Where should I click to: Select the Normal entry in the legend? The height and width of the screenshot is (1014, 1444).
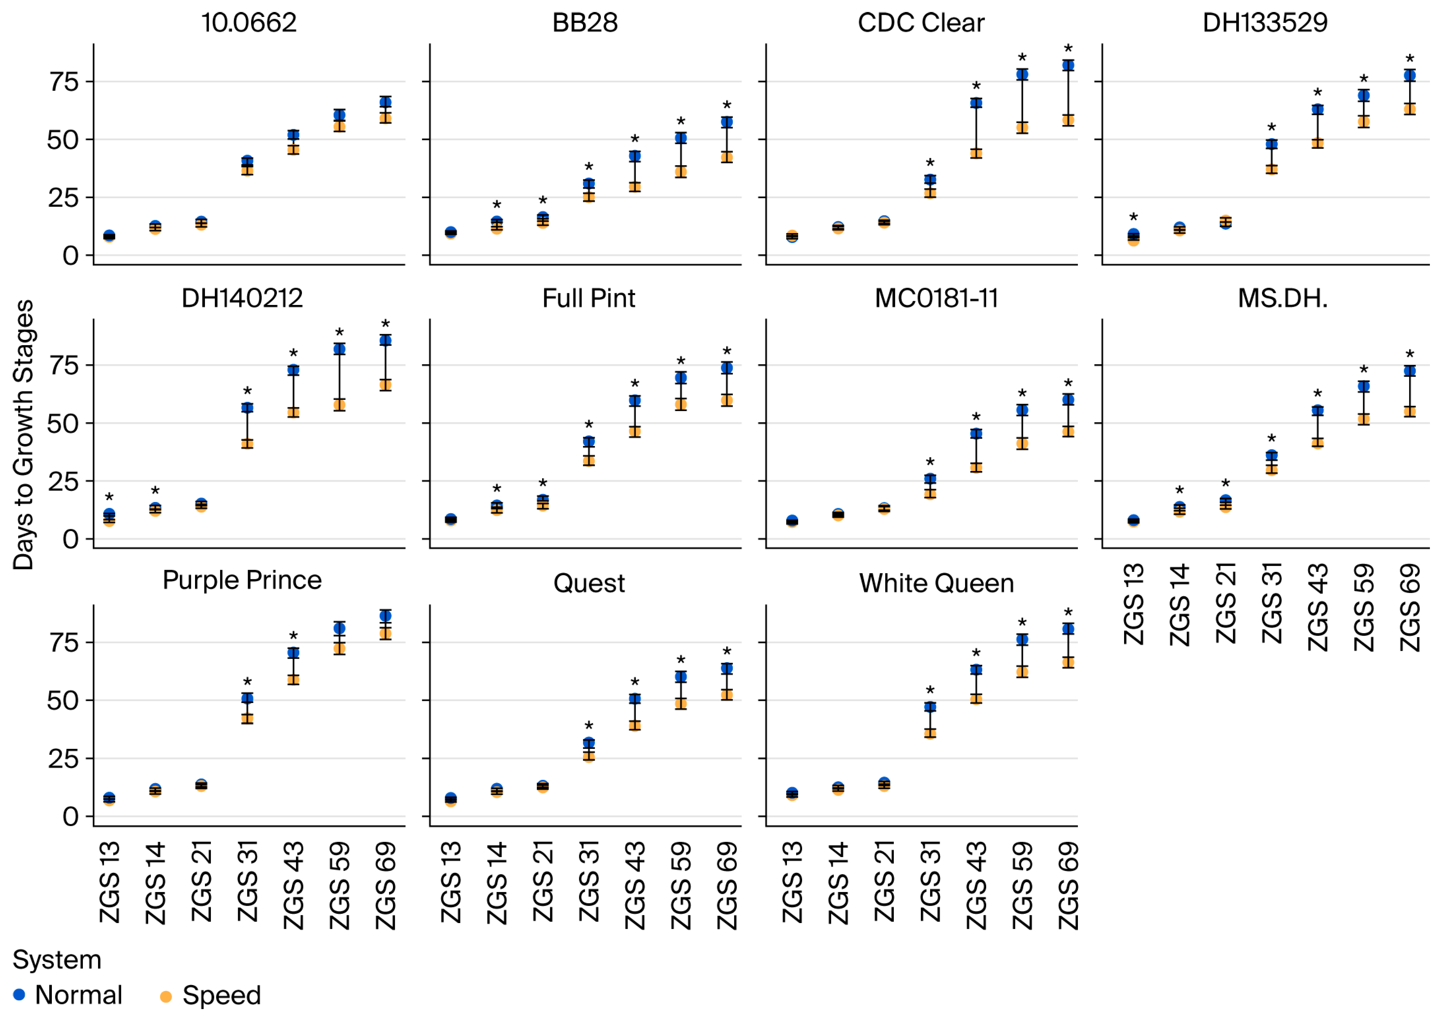click(x=68, y=995)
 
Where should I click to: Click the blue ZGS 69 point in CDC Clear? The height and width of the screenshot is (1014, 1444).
click(x=1068, y=65)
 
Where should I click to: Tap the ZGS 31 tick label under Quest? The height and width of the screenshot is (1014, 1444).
click(x=589, y=881)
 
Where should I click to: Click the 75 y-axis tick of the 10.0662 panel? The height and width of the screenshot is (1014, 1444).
click(x=64, y=82)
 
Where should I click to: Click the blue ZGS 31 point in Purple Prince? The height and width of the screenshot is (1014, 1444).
click(x=247, y=698)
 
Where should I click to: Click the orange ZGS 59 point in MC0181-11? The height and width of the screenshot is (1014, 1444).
click(x=1022, y=444)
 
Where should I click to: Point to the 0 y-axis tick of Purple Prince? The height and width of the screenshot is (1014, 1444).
click(x=71, y=817)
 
